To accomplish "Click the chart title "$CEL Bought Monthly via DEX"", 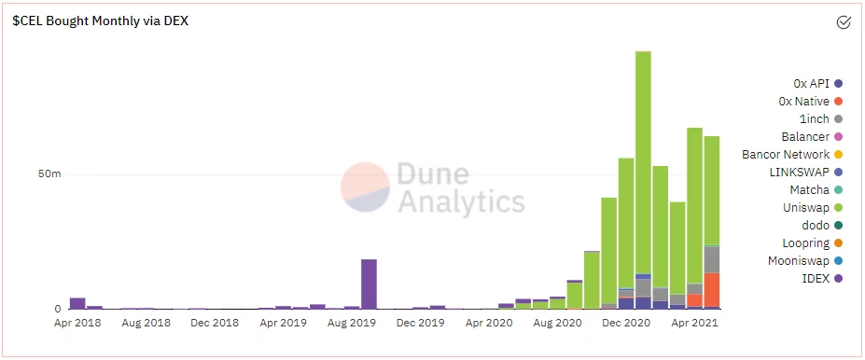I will (x=100, y=21).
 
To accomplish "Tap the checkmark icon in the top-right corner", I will (x=843, y=22).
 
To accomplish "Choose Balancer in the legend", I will (x=805, y=137).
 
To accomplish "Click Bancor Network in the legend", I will (x=786, y=155).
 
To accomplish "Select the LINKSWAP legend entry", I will (x=798, y=173).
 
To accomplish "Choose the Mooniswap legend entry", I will (x=799, y=261).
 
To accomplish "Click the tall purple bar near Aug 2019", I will (x=369, y=284).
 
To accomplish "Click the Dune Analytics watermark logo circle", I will (x=365, y=187).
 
